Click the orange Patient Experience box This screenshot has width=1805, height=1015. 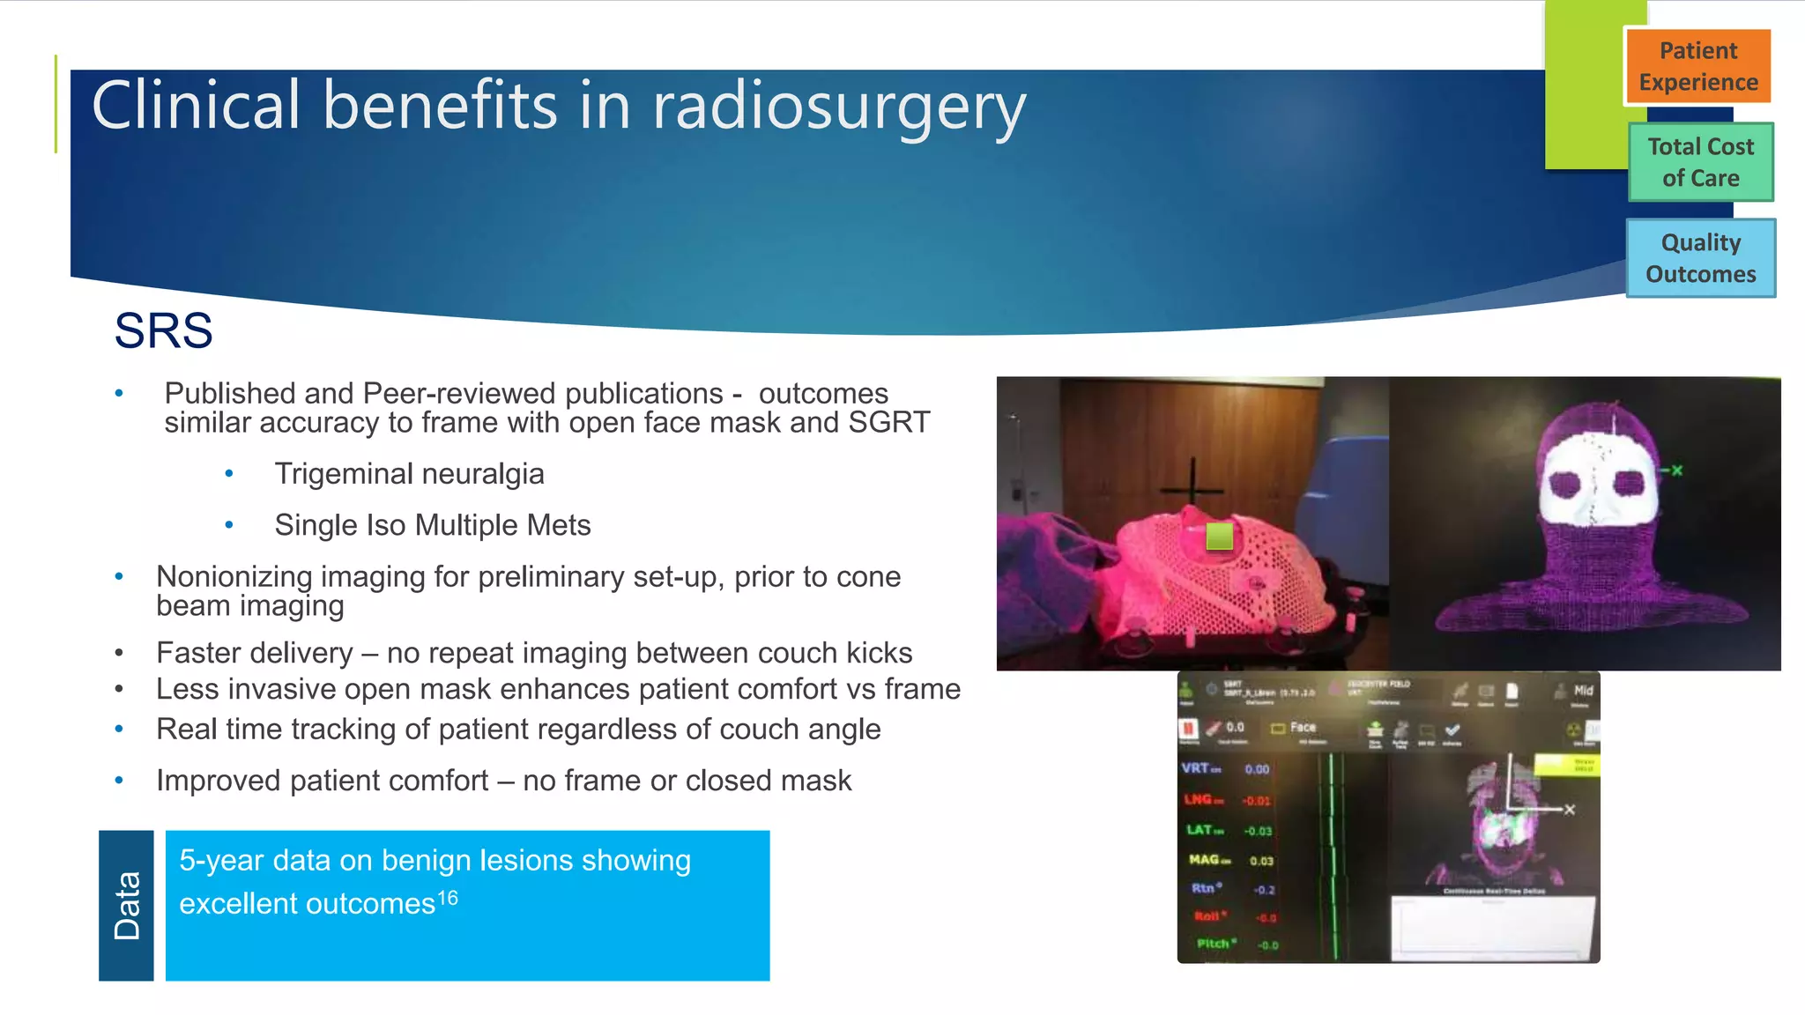1697,66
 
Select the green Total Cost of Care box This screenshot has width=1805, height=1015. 1700,162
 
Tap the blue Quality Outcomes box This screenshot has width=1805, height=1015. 1700,258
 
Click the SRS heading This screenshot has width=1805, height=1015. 163,331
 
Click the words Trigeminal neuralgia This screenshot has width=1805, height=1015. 409,474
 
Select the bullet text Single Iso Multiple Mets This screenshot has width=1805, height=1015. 432,525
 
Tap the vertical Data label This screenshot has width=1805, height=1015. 127,905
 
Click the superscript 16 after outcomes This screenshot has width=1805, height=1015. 448,898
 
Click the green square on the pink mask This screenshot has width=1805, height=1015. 1219,536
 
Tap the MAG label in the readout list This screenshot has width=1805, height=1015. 1205,859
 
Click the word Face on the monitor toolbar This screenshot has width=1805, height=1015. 1303,727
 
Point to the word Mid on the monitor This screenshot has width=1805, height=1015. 1583,690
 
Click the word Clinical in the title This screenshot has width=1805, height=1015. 197,107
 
